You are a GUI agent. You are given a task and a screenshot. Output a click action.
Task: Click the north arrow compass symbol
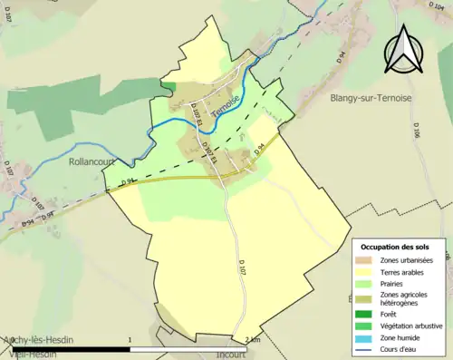click(405, 50)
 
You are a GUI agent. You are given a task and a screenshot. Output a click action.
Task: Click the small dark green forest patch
click(169, 85)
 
